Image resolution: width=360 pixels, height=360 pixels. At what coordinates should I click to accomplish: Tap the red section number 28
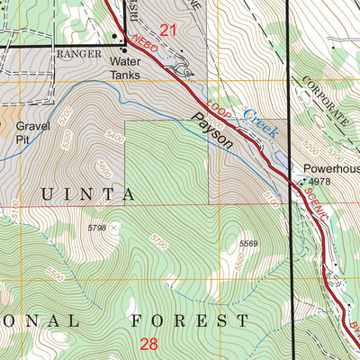(x=149, y=343)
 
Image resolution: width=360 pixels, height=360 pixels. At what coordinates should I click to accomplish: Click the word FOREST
(x=190, y=320)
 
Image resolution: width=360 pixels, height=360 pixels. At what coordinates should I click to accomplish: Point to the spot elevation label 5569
(x=249, y=243)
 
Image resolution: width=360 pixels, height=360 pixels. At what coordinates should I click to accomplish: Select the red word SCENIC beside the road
(x=315, y=207)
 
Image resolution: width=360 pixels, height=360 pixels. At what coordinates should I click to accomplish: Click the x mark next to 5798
(x=113, y=229)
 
